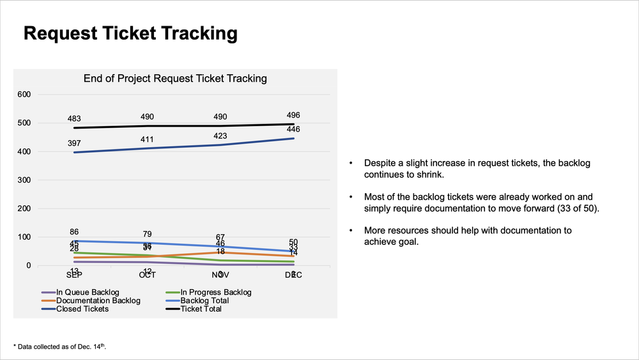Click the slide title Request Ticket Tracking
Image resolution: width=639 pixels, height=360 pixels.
[130, 33]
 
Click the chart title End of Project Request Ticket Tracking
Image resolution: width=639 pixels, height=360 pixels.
[175, 79]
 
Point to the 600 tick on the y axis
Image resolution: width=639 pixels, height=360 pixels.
[24, 95]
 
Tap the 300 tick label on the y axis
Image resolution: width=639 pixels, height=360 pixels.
[24, 180]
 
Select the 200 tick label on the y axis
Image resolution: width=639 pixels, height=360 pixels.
[24, 208]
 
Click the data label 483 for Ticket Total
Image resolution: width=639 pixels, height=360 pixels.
[74, 118]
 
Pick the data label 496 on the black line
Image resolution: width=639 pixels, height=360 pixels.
[293, 116]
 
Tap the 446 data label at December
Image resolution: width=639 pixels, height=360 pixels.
[293, 130]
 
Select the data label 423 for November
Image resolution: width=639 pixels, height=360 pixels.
[220, 136]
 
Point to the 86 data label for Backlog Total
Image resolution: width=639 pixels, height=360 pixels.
[74, 232]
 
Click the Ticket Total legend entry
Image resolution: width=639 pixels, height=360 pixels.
[200, 309]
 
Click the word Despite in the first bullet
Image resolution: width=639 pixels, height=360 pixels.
[380, 163]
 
